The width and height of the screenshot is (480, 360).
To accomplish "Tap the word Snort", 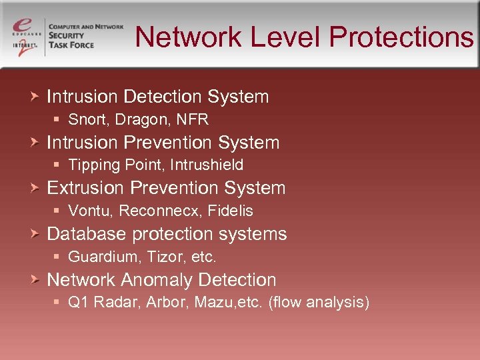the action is [85, 120].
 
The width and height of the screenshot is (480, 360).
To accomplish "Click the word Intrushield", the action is [207, 165].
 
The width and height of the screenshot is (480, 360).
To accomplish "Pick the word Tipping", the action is [92, 165].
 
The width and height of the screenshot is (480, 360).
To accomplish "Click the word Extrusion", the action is [85, 189].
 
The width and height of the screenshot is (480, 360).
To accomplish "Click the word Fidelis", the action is [230, 211].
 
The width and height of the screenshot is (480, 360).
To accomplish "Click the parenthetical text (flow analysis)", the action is [319, 303].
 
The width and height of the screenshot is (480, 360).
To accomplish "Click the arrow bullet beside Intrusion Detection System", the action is [36, 97].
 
